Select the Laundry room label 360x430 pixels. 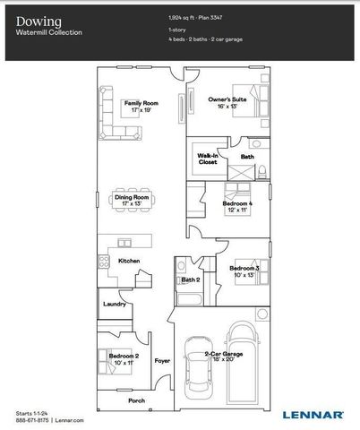pos(115,303)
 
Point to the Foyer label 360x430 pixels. pos(162,361)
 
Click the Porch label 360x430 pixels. pos(137,400)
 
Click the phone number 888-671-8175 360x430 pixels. pos(33,418)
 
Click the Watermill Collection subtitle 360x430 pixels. pos(48,32)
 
